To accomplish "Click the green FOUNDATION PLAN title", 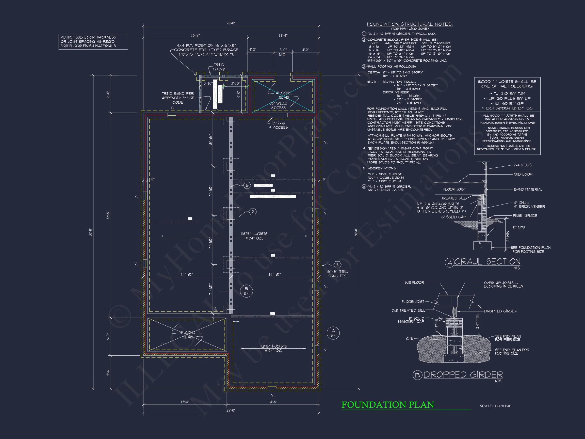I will coord(387,405).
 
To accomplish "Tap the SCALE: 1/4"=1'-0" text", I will coord(495,406).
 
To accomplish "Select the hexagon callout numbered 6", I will coord(247,185).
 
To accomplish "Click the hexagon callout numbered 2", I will coord(253,212).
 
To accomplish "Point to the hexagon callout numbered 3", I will coord(337,265).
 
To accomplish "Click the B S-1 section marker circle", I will coord(246,291).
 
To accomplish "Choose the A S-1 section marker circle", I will coord(333,333).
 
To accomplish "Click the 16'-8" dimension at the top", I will coord(195,35).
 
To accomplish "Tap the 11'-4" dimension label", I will coord(283,35).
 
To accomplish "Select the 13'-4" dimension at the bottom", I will coord(185,402).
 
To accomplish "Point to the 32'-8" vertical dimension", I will coord(108,215).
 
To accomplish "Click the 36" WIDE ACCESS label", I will coord(278,106).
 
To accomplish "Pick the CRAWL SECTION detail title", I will coord(487,262).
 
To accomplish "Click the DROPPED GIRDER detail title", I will coord(463,375).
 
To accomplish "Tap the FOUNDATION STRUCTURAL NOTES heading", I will coord(410,24).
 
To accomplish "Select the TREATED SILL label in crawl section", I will coord(453,198).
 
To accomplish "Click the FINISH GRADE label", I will coord(525,216).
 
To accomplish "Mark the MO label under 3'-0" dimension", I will coord(282,55).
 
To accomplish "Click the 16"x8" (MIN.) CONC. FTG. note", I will coord(337,274).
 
